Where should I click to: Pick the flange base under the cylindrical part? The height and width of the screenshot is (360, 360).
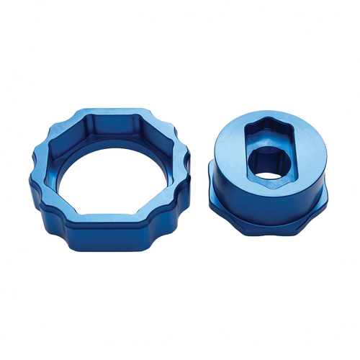coord(274,216)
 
